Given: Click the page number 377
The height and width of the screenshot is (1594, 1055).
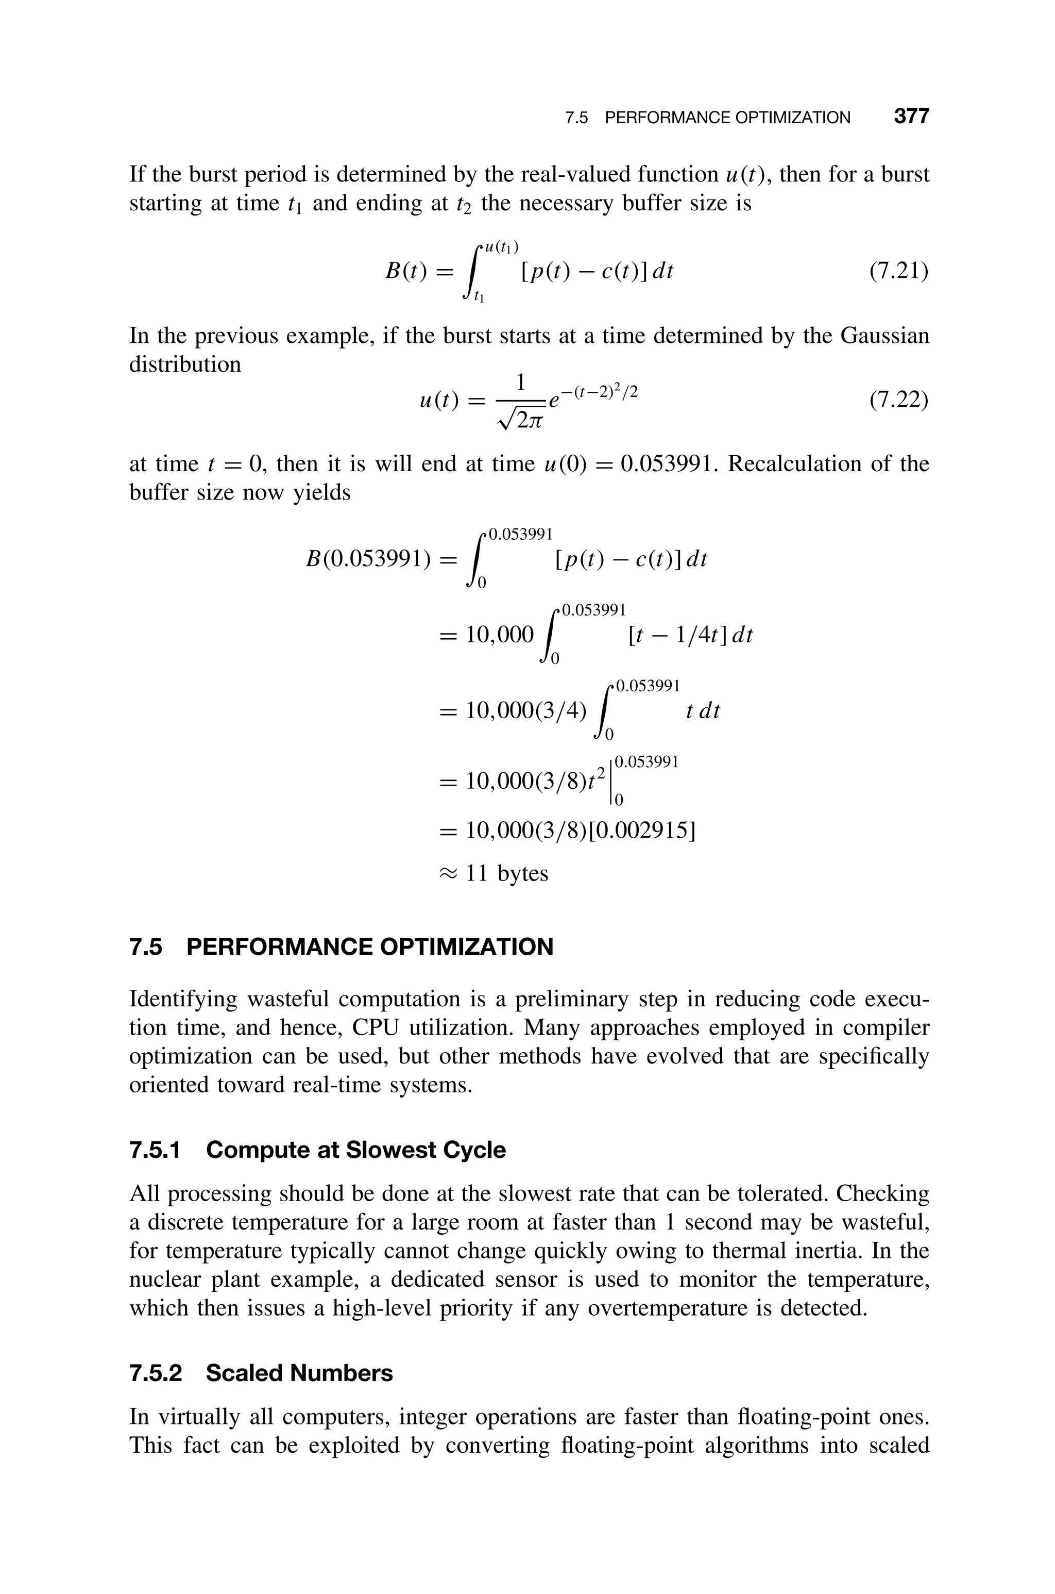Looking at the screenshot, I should [911, 117].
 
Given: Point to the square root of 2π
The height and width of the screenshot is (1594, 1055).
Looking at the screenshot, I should [521, 421].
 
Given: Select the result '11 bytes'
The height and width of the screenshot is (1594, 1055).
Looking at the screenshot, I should [507, 873].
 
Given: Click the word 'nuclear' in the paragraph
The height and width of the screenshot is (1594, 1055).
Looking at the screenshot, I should [161, 1279].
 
